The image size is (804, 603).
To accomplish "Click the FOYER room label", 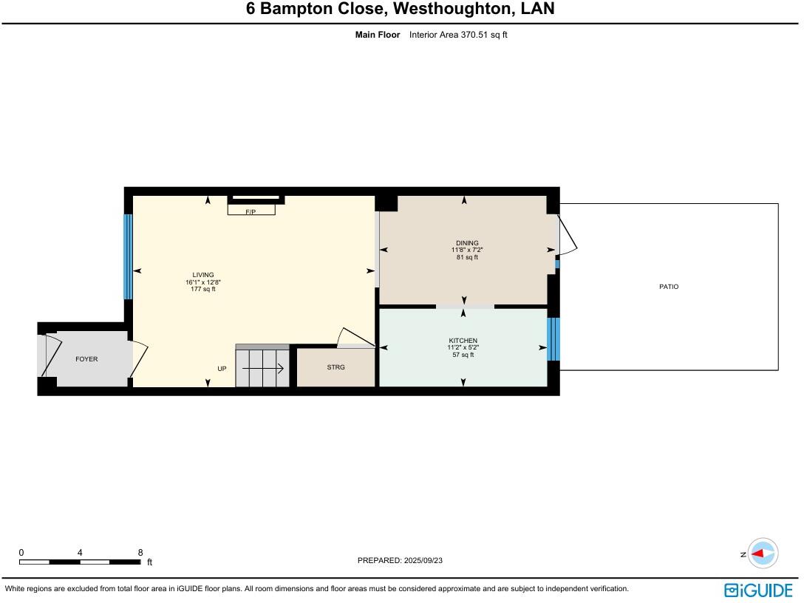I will tap(86, 359).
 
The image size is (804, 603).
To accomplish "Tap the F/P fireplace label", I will tap(251, 211).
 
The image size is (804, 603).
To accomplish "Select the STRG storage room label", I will tap(335, 367).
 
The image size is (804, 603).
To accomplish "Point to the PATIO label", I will tap(669, 287).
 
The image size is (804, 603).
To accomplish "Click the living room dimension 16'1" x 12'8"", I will tap(203, 282).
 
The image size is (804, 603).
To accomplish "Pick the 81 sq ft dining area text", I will tap(467, 257).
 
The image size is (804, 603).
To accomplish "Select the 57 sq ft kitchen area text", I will tap(463, 355).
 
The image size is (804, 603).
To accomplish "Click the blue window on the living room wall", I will tap(128, 256).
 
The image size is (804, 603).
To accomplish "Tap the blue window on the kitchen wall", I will tap(553, 339).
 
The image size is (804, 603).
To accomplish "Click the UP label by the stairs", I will tap(222, 368).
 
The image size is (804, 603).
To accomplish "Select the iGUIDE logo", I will tap(758, 590).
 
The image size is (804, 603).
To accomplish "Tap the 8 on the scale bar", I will tap(140, 552).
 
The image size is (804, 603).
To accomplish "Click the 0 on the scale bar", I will tap(21, 552).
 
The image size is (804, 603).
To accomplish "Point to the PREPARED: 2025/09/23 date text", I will tap(400, 560).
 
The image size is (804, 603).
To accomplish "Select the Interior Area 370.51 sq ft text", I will tap(458, 35).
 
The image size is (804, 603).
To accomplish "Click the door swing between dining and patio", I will tap(567, 235).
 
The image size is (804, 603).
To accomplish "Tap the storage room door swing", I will tap(347, 338).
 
